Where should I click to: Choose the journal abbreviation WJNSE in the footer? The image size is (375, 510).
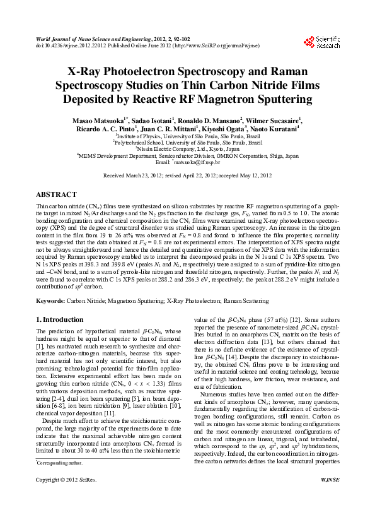pyautogui.click(x=330, y=497)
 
